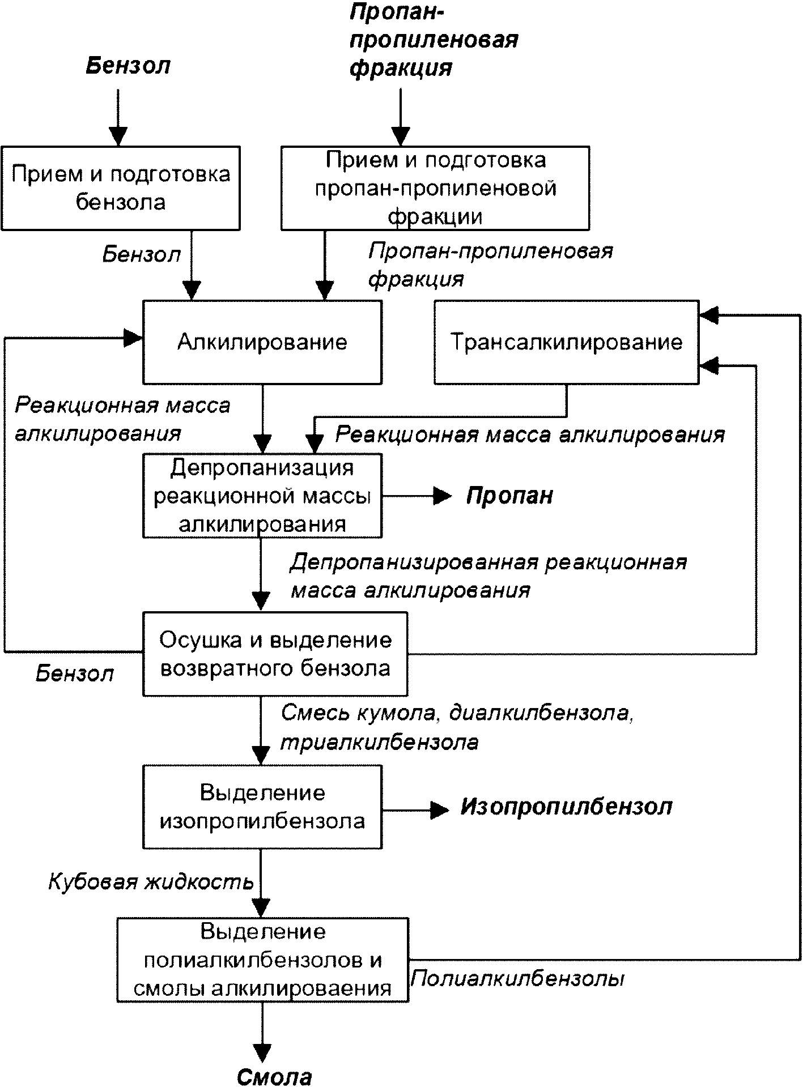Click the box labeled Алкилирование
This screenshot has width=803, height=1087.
262,342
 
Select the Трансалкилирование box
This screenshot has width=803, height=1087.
567,342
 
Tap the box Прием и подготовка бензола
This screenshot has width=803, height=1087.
121,188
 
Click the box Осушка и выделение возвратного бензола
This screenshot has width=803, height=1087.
275,654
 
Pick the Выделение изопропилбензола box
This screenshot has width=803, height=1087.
262,807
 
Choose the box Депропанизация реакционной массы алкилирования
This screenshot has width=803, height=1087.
262,496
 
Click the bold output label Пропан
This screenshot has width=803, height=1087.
509,496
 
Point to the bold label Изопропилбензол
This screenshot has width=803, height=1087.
566,807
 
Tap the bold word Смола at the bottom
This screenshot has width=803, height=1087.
274,1076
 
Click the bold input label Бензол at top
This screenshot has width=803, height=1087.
128,66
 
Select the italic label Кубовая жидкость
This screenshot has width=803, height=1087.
151,882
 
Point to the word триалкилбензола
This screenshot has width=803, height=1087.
380,742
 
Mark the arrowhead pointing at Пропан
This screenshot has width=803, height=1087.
443,496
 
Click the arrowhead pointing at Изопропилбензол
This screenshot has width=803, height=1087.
440,811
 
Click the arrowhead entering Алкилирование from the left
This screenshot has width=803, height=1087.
134,338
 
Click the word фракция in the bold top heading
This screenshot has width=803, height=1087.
401,67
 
